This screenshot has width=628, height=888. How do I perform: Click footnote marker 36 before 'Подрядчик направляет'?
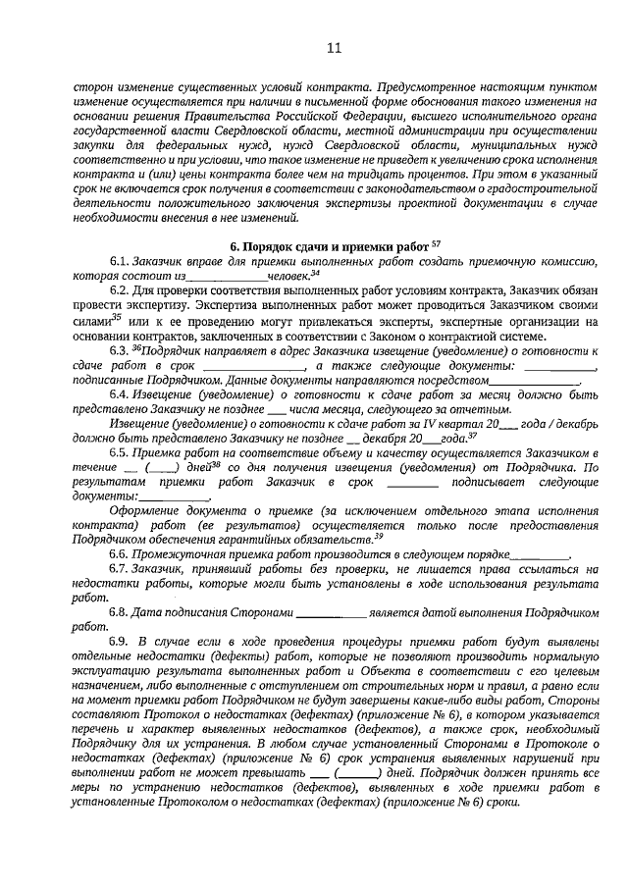click(x=136, y=347)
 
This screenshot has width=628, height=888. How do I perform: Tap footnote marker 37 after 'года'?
click(x=474, y=434)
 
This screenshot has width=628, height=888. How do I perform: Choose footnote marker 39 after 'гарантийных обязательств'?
click(x=378, y=536)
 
